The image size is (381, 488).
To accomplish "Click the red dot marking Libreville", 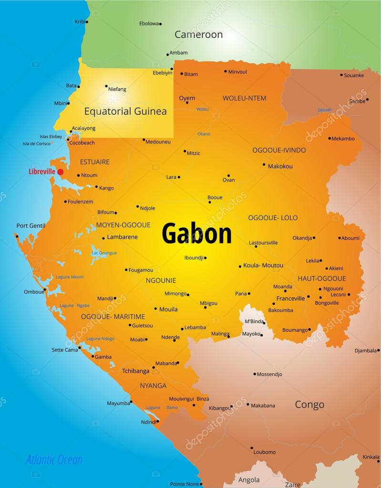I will click(60, 172).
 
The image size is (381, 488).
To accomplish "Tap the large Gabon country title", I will click(196, 234).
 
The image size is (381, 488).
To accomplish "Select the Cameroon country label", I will click(198, 34).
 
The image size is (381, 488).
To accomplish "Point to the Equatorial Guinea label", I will click(125, 112).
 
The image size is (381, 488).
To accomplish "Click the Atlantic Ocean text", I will click(54, 460).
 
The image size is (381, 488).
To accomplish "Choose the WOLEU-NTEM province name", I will click(244, 98).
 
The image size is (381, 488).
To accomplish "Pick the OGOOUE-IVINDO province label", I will click(279, 150).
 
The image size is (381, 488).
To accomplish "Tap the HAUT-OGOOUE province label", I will click(322, 278).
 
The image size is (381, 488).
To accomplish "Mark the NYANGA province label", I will click(153, 386).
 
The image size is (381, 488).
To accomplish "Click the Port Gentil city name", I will click(31, 226).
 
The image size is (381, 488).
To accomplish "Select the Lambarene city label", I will click(122, 237).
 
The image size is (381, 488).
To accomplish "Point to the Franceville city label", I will click(290, 299).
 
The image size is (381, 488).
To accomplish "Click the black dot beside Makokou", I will click(264, 165).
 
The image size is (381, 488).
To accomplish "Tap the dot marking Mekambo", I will click(329, 139).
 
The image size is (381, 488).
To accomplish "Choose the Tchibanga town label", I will click(135, 371).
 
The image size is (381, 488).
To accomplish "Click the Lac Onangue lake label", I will click(104, 253).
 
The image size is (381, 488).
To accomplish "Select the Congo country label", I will click(309, 405).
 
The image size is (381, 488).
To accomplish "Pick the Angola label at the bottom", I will click(249, 479).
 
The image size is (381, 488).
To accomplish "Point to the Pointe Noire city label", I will click(185, 484).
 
